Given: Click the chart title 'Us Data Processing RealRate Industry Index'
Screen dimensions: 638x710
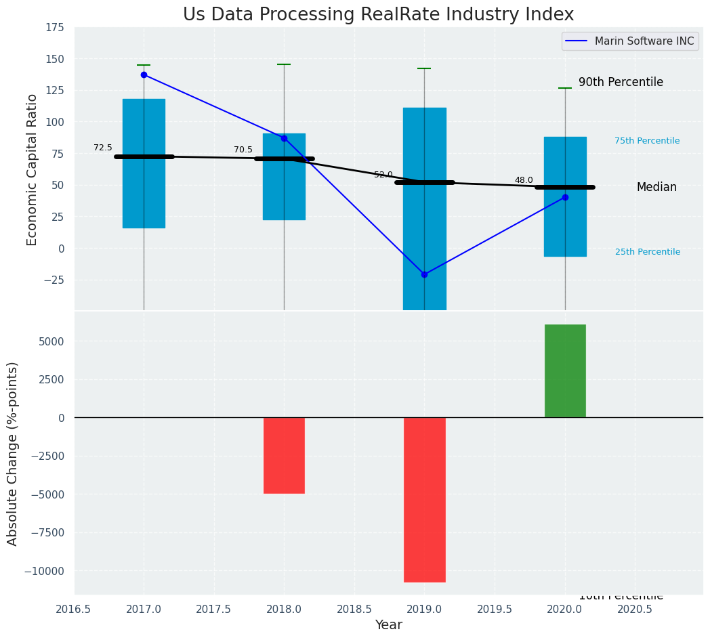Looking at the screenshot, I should (x=378, y=15).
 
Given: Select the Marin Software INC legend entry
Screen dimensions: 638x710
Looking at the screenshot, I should (x=630, y=41).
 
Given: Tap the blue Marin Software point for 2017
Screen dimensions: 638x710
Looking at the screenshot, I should (x=144, y=75).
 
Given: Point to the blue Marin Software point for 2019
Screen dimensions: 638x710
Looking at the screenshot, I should (x=424, y=274).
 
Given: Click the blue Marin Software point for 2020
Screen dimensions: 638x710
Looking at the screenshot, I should (x=565, y=197).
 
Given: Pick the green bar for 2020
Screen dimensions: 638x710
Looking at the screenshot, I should (x=565, y=370).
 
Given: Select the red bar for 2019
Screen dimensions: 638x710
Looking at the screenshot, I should (x=424, y=499).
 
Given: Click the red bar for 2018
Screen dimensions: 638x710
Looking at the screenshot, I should (x=284, y=455).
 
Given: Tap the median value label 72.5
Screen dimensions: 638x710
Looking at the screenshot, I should (x=103, y=148).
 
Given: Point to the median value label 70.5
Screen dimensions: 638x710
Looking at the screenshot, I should (x=243, y=150).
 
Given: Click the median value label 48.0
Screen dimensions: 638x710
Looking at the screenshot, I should (x=524, y=180).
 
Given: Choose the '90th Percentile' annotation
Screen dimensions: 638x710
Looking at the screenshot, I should (x=621, y=82).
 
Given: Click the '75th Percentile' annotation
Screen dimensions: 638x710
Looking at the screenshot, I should (x=647, y=141).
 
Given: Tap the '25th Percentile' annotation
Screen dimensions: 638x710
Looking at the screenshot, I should (x=647, y=252).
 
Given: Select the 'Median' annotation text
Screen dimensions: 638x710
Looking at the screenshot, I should (x=656, y=187).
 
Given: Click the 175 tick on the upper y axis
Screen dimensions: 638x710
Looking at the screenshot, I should (x=56, y=27).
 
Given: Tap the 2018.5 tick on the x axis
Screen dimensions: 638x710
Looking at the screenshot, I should (x=354, y=609).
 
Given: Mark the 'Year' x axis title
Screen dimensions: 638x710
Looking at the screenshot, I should (x=389, y=625).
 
